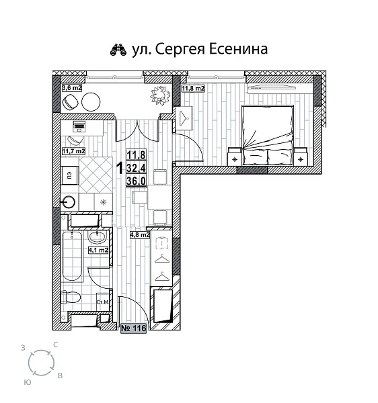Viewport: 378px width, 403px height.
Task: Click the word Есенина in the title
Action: point(235,49)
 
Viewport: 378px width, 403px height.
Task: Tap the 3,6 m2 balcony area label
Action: point(71,87)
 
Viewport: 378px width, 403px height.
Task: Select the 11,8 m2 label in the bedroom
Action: point(194,87)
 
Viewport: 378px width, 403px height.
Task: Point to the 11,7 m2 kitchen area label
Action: point(73,151)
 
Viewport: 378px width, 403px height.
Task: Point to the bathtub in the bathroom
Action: point(71,256)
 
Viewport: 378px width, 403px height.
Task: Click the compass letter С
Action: point(55,345)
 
